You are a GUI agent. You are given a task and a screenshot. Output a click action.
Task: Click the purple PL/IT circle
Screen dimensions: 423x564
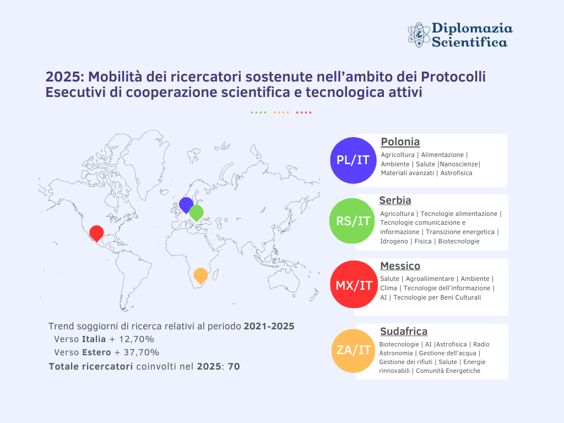[x=354, y=160]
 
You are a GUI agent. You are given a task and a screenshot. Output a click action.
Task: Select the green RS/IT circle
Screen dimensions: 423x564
[x=353, y=221]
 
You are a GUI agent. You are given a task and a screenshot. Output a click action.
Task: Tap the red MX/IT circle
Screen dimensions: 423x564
[x=354, y=285]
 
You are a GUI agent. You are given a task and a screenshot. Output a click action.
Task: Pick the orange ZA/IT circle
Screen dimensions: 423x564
[x=354, y=350]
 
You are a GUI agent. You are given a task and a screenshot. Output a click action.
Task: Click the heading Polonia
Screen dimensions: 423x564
[x=400, y=142]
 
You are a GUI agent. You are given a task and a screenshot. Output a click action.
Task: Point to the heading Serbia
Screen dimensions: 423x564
[x=395, y=200]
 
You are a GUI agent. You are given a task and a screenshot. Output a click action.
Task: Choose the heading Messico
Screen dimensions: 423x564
[x=400, y=266]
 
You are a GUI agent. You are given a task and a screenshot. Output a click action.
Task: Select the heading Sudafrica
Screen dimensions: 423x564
[x=404, y=331]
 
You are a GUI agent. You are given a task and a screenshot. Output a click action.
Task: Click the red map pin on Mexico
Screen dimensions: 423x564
[x=97, y=232]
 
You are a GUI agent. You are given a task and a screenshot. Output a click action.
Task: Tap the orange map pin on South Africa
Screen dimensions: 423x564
[x=200, y=274]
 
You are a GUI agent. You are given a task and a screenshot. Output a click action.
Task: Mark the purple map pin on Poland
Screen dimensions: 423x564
[x=186, y=204]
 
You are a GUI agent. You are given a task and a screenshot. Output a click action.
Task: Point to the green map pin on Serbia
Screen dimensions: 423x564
[x=196, y=212]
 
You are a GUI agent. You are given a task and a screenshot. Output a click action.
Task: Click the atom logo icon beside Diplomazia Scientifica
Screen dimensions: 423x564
[x=418, y=34]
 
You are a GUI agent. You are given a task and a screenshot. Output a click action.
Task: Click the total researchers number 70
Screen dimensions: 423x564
[x=234, y=366]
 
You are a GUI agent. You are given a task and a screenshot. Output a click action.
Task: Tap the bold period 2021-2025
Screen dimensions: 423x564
[x=269, y=326]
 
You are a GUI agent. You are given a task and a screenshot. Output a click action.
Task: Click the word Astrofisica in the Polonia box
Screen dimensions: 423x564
[x=457, y=173]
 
